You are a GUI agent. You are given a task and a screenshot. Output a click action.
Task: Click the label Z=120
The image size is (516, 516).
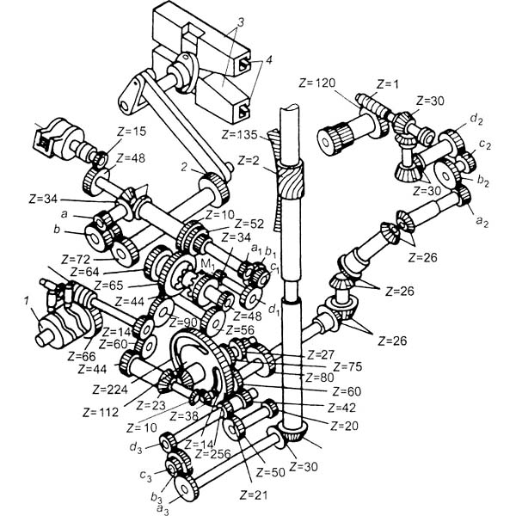click(x=316, y=83)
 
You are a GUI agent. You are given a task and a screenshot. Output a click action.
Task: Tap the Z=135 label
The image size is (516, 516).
click(x=239, y=134)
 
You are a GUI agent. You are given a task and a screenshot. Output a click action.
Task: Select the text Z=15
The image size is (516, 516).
click(x=132, y=132)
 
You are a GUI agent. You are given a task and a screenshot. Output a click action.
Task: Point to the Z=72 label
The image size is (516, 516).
click(x=76, y=260)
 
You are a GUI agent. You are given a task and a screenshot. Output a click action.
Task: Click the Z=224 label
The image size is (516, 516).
click(x=110, y=390)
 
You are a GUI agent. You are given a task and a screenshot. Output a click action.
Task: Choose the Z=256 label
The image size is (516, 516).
click(x=213, y=454)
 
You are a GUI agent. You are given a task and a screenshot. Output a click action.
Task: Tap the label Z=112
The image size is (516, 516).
click(x=101, y=412)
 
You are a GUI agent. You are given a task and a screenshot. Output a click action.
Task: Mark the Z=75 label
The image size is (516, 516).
click(x=347, y=366)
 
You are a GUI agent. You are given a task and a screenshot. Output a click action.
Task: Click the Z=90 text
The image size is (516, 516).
click(x=183, y=322)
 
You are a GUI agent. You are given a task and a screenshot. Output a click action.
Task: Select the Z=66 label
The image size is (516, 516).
click(x=82, y=356)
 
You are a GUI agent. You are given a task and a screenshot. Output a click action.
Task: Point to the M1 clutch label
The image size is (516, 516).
click(x=206, y=265)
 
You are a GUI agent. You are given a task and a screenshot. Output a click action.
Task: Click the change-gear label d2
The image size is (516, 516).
click(x=476, y=119)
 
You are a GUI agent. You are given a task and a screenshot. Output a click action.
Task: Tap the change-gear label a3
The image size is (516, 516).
click(x=163, y=509)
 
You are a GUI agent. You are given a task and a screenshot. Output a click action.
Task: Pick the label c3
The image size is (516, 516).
click(x=145, y=476)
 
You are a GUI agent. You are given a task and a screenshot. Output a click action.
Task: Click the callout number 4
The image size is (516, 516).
click(x=269, y=60)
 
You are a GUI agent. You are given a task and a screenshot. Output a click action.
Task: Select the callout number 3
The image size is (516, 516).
click(x=241, y=22)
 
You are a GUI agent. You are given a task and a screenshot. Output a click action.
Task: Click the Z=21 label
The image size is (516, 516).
click(x=254, y=494)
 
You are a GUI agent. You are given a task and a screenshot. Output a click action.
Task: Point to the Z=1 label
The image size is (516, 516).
click(x=387, y=84)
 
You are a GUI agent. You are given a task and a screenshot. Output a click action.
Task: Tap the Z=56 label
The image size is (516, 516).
click(x=240, y=329)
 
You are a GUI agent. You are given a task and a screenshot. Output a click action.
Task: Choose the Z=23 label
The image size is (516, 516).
click(x=150, y=405)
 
